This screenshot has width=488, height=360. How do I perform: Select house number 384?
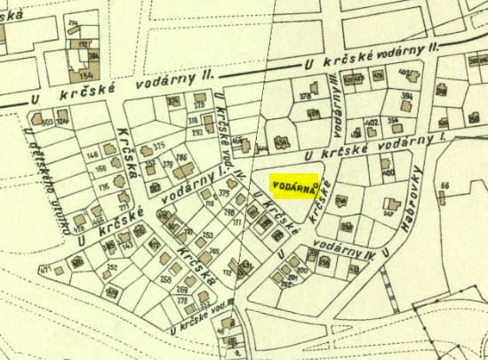click(x=93, y=56)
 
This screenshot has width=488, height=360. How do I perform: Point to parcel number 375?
click(x=159, y=146)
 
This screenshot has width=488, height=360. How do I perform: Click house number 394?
click(x=407, y=95)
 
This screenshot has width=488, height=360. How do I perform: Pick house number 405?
click(x=404, y=74)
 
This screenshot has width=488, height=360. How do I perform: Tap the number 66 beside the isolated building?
click(x=444, y=185)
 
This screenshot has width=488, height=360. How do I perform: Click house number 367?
click(x=388, y=212)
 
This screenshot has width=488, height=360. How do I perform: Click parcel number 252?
click(x=112, y=268)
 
